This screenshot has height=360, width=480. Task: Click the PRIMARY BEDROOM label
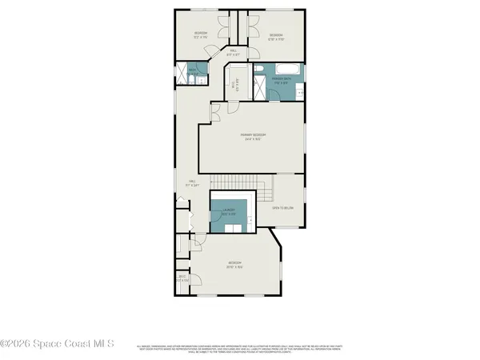point(253,136)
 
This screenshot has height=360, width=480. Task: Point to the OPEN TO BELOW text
point(284,207)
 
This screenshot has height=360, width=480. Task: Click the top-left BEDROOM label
point(200,34)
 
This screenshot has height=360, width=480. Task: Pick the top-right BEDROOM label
point(277,36)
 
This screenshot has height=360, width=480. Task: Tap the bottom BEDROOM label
point(234,264)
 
